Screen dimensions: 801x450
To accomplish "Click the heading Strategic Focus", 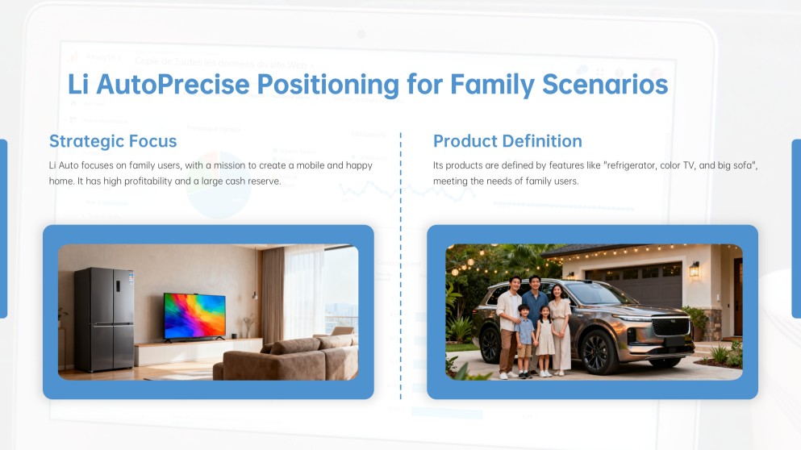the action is (113, 141).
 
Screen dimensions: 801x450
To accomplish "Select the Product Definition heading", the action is (507, 141).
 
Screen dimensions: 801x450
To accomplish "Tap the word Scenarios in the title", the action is (605, 85).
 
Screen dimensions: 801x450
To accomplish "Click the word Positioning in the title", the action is (327, 85).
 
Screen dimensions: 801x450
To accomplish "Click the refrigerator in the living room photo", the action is (104, 319).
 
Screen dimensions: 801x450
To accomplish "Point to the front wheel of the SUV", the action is (595, 352).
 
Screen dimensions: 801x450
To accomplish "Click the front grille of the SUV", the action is (671, 327).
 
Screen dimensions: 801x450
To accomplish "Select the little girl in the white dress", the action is (545, 341).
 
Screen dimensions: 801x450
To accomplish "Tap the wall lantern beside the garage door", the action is (695, 269).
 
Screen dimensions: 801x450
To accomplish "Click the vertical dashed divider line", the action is (400, 265).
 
